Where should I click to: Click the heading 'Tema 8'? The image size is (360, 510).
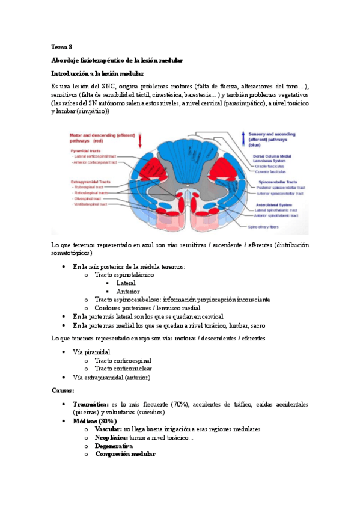62,46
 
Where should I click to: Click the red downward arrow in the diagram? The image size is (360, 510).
140,141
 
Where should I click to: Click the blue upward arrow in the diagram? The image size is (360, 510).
243,138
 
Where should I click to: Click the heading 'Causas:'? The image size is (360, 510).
63,390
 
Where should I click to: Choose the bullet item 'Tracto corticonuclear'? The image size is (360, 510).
123,368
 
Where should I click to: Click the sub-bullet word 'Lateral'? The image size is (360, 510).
126,283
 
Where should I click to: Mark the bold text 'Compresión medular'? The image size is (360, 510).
125,455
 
